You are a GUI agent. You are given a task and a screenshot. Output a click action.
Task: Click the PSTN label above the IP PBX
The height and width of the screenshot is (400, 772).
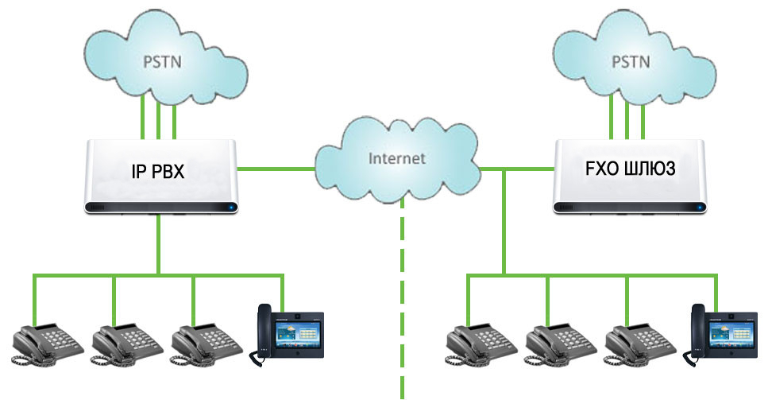pos(162,62)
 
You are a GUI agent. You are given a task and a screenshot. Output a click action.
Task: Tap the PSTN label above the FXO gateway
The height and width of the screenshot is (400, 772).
pos(631,62)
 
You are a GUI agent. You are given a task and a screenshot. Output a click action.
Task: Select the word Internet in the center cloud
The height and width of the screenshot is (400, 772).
pos(397,158)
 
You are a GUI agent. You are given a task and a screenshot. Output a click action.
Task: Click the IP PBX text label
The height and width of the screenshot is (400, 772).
pos(158,171)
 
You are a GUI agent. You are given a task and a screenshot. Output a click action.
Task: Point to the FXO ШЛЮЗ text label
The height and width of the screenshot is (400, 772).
pos(630,168)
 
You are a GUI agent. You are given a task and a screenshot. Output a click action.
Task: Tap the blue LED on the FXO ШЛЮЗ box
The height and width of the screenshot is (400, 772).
pos(700,207)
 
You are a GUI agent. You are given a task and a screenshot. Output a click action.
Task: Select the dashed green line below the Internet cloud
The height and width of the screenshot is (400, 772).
pos(402,298)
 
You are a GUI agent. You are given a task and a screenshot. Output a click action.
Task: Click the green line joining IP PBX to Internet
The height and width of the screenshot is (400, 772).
pos(276,169)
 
